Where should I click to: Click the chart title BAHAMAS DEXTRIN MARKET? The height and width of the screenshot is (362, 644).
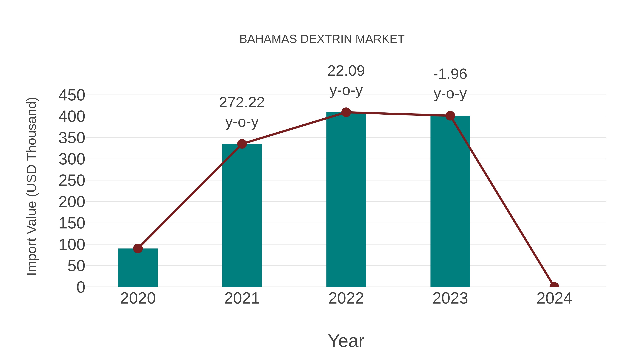tap(322, 39)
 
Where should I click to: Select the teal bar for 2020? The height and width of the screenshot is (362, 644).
tap(138, 269)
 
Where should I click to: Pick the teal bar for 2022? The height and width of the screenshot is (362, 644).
tap(346, 200)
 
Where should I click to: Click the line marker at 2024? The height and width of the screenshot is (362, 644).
tap(554, 286)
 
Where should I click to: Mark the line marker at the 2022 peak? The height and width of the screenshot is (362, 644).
tap(346, 112)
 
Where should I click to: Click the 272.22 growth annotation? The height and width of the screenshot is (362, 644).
tap(242, 103)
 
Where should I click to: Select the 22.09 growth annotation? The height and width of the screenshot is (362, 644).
tap(346, 71)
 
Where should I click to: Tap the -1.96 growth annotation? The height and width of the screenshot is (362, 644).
tap(450, 74)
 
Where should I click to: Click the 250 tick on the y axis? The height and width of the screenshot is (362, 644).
tap(72, 181)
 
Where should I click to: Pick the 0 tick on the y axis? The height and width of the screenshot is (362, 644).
tap(81, 287)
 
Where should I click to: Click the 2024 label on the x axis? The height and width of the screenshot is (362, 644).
tap(554, 298)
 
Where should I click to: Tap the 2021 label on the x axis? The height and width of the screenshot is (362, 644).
tap(242, 298)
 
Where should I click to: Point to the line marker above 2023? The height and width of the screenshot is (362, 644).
tap(450, 116)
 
